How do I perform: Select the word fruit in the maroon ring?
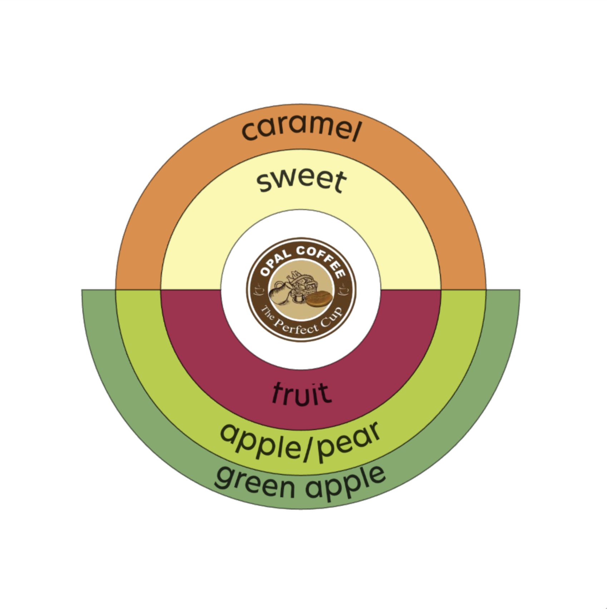pos(302,393)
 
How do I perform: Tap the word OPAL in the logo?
pos(275,263)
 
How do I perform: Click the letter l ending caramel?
pos(355,132)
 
